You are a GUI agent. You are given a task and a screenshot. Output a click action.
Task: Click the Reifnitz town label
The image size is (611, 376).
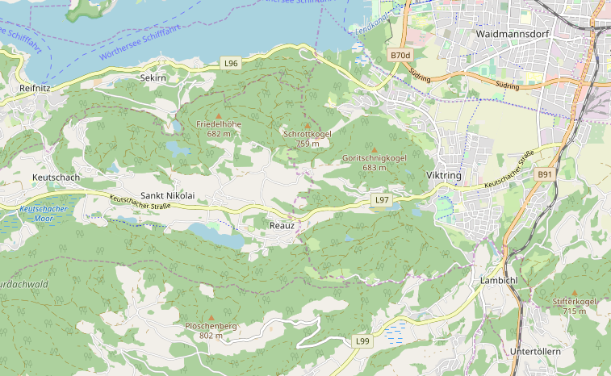coord(36,87)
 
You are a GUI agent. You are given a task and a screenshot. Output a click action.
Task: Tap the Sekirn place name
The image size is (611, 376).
coord(153,77)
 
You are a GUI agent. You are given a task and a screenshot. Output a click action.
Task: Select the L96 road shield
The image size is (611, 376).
coord(232,63)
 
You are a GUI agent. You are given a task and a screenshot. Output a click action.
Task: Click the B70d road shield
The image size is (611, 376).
coord(400,55)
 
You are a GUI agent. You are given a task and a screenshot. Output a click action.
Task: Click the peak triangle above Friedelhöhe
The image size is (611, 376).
coord(218,116)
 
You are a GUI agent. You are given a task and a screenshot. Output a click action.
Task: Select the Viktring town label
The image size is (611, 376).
coord(442,175)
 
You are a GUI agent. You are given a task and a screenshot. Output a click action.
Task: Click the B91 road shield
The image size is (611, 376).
coord(546,174)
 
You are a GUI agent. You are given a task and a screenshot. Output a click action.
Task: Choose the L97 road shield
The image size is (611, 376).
coord(383,199)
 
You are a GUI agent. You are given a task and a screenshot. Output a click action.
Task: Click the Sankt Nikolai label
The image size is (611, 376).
coord(168,195)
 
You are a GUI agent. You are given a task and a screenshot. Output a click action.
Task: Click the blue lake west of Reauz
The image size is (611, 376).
coord(216,236)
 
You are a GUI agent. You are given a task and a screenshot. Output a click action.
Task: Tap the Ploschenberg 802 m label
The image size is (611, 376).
coord(211,330)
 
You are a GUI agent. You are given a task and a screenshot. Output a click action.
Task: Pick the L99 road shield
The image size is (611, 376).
coord(363,341)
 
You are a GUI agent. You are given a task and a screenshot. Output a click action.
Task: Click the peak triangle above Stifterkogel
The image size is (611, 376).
coord(575,293)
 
